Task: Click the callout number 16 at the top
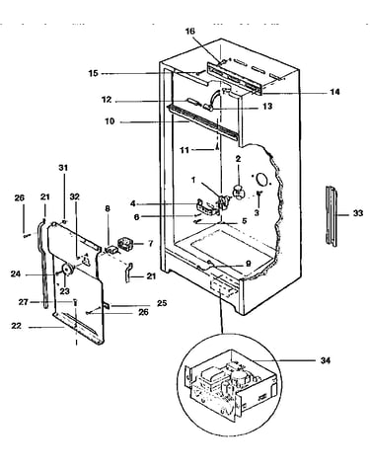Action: click(189, 32)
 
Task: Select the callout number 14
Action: click(334, 92)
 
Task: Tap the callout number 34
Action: click(326, 360)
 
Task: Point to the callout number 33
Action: click(358, 213)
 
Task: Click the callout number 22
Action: click(16, 326)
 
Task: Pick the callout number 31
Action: click(63, 168)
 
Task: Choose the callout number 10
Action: click(110, 121)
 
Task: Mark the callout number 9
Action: click(249, 264)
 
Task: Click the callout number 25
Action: click(162, 303)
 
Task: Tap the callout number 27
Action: click(24, 301)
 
